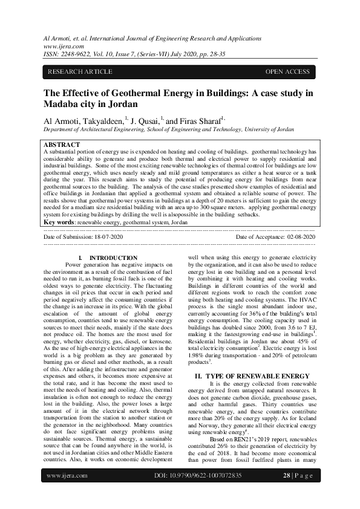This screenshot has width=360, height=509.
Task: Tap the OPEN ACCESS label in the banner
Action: pos(287,72)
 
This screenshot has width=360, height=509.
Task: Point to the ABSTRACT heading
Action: pos(62,145)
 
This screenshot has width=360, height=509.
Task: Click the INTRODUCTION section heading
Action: pos(117,258)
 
